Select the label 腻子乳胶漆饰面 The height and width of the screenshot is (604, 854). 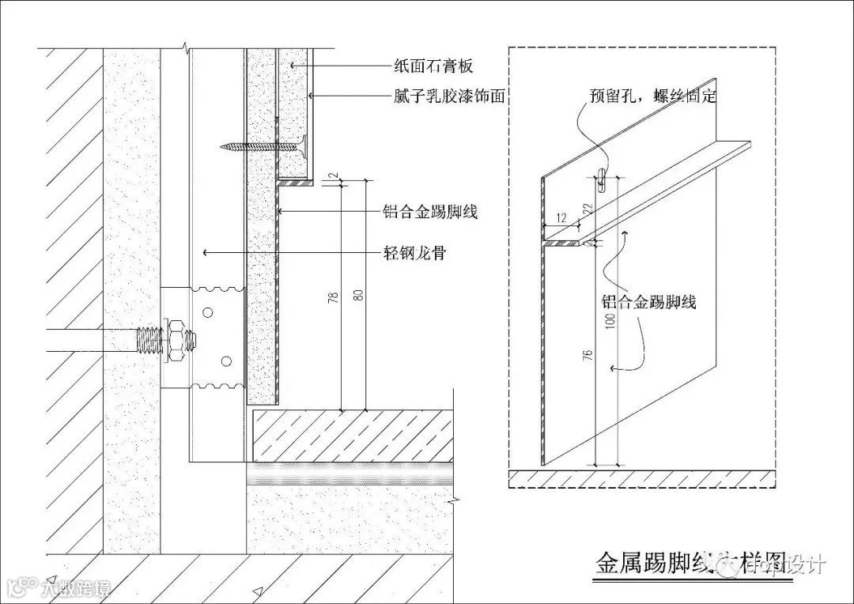(449, 96)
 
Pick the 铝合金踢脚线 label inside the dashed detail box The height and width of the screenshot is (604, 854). (648, 301)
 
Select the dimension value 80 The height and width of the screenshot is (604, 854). (361, 293)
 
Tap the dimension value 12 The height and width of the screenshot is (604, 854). (561, 217)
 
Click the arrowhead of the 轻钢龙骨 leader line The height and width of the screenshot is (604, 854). (206, 252)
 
